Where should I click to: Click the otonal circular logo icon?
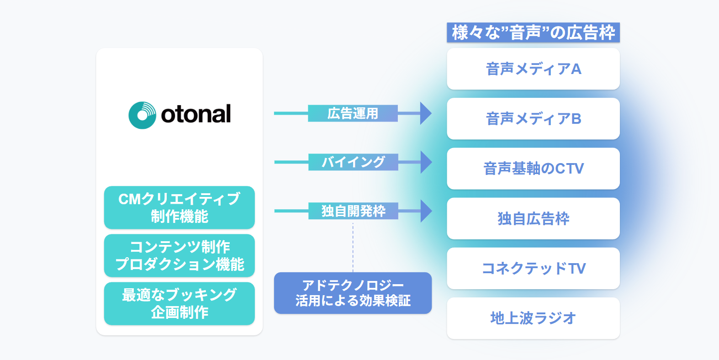tap(142, 115)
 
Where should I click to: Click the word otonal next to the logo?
tap(196, 114)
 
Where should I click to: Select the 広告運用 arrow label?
tap(353, 113)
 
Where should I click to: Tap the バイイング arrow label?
tap(353, 162)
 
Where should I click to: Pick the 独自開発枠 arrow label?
tap(353, 211)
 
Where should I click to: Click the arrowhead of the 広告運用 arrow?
tap(425, 113)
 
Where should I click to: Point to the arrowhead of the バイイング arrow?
tap(425, 162)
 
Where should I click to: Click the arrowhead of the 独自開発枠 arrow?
tap(425, 211)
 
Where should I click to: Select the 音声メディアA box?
tap(533, 69)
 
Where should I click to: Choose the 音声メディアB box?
tap(533, 119)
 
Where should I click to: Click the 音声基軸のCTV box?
tap(533, 169)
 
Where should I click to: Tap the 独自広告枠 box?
tap(533, 218)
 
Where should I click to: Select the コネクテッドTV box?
tap(533, 268)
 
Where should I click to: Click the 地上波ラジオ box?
tap(533, 318)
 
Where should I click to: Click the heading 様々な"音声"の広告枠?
tap(533, 33)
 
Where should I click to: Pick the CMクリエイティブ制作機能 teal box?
tap(179, 207)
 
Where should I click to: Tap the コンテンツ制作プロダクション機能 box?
tap(179, 255)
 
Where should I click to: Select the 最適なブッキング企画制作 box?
tap(179, 303)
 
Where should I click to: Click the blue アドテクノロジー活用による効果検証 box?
tap(353, 293)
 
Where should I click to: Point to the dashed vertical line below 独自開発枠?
tap(353, 247)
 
